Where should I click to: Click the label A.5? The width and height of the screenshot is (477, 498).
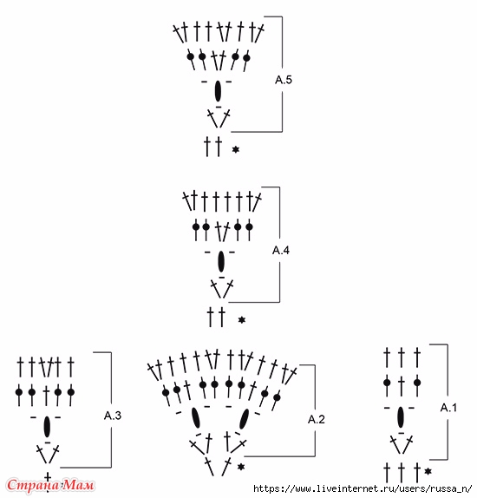click(284, 80)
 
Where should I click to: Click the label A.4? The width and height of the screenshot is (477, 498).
click(281, 250)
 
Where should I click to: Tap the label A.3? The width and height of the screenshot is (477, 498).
click(113, 415)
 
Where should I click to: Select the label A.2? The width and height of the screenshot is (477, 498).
click(317, 419)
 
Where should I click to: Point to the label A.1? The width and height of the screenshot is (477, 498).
click(448, 408)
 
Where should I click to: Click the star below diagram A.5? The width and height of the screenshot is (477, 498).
click(235, 149)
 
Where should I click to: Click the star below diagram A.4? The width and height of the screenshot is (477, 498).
click(242, 320)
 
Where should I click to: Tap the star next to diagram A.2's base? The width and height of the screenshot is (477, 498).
click(241, 467)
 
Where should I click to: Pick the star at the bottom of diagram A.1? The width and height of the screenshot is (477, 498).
click(428, 471)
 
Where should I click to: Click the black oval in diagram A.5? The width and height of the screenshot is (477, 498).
click(218, 91)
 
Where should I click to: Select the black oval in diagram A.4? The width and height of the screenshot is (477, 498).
click(221, 262)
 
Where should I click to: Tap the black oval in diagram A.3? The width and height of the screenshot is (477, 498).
click(47, 427)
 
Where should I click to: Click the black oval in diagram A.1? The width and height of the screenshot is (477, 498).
click(401, 417)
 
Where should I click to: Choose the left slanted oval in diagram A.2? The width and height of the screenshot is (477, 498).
click(196, 418)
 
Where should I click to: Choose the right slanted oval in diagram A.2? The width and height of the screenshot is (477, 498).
click(245, 419)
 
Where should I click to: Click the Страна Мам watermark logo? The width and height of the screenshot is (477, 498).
click(50, 485)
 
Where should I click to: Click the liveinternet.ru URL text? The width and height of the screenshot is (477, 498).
click(363, 488)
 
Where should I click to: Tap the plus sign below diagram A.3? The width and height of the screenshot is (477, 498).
click(48, 477)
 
